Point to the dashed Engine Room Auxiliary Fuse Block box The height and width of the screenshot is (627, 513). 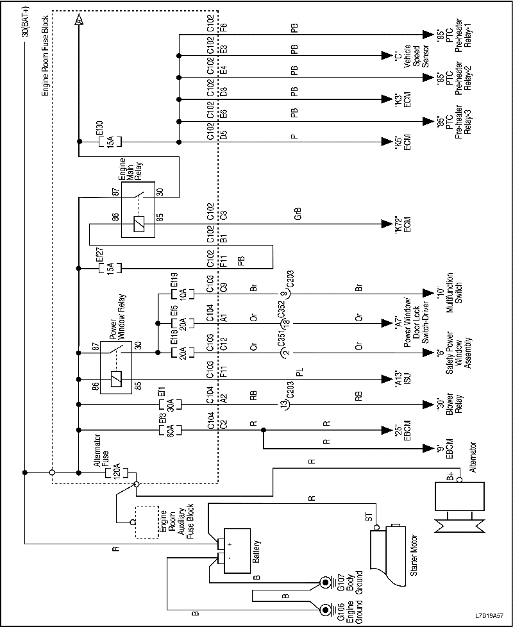[146, 522]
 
